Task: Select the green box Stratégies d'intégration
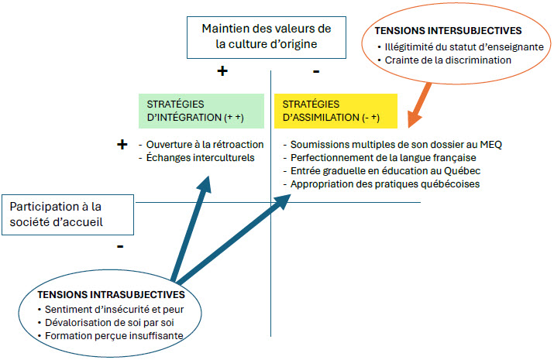(201, 111)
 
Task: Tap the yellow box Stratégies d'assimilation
(335, 111)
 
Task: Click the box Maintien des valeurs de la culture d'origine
(267, 37)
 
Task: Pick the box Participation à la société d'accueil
(68, 214)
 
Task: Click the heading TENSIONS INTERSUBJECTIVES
(448, 31)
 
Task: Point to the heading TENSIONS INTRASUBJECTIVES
(111, 295)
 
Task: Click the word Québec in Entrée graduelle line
(462, 171)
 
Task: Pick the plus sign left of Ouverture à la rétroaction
(122, 144)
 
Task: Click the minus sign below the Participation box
(120, 246)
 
